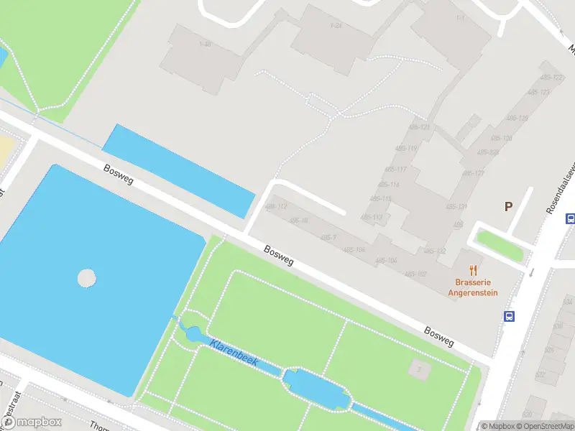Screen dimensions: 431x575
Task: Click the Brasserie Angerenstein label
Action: (472, 287)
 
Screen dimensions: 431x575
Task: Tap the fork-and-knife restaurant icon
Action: (473, 270)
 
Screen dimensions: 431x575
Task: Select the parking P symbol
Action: (508, 207)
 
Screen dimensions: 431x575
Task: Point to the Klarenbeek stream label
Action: (234, 354)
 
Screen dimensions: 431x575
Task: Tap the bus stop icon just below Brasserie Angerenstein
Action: (509, 316)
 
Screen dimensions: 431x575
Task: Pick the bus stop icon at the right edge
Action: (570, 219)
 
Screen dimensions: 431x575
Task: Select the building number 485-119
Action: (406, 149)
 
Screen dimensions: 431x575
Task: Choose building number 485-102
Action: (416, 274)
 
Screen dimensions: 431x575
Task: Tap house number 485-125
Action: (517, 118)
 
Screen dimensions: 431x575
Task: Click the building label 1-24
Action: (336, 26)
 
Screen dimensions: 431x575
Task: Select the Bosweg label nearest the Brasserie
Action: (438, 337)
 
